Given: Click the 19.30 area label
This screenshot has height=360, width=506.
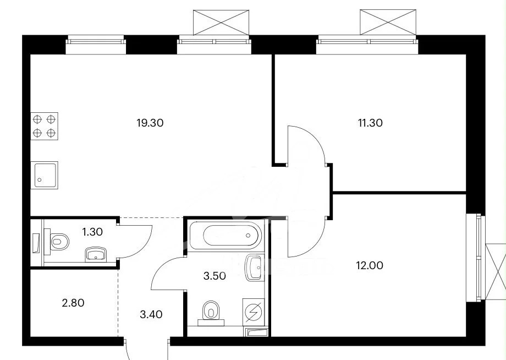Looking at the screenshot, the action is coord(150,123).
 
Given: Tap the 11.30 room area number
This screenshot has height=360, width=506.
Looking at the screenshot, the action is coord(370,123).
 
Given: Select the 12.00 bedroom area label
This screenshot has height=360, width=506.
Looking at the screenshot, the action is coord(370,265).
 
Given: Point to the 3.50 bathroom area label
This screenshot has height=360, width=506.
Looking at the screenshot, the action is coord(215,276).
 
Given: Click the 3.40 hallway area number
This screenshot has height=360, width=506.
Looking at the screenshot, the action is coord(151,314).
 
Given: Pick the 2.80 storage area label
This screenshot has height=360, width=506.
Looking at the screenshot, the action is coord(73,303).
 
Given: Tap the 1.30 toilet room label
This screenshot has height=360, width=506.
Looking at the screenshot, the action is coord(92,232).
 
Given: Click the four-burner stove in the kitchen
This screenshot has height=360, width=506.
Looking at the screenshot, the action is coord(44,126).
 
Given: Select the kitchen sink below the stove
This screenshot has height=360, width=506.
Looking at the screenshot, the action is coord(44,175).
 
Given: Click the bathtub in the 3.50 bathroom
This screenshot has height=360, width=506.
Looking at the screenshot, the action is coord(226,236).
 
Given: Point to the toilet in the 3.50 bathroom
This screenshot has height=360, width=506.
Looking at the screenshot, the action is coord(211,313).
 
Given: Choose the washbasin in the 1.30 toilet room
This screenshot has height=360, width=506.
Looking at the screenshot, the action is coord(96,254).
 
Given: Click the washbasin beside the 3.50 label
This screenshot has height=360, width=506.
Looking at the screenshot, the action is coord(254,268).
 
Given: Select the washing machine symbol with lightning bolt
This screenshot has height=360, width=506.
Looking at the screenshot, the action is coord(254,312).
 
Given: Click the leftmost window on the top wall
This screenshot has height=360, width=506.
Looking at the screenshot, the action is coord(96,45).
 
